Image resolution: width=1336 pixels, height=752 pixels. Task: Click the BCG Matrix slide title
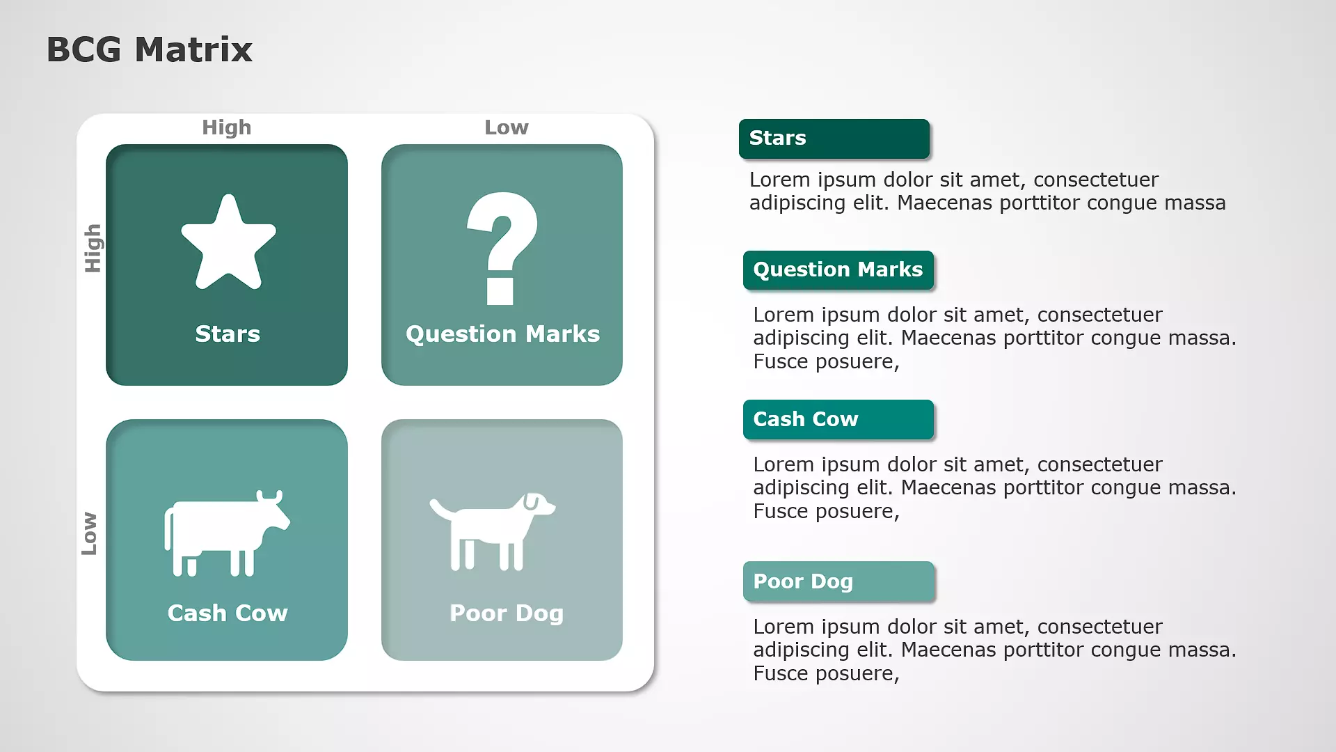click(149, 49)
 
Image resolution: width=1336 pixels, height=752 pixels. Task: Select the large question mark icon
click(502, 248)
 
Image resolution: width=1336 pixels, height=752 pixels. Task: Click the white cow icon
click(227, 533)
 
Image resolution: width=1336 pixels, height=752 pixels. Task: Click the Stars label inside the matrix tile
click(228, 334)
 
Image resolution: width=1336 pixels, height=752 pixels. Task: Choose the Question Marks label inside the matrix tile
click(502, 334)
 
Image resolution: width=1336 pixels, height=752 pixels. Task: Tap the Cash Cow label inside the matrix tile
click(228, 613)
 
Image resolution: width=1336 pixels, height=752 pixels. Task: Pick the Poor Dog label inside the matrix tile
click(507, 613)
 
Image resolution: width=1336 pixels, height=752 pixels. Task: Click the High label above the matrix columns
click(227, 127)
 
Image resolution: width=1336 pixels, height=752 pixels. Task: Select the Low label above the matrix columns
click(507, 127)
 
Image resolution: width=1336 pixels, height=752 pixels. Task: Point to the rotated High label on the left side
click(93, 248)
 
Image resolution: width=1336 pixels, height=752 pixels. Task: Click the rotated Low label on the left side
click(89, 533)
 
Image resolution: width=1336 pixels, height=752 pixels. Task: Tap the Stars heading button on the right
click(834, 139)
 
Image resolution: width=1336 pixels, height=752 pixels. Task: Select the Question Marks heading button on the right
click(838, 270)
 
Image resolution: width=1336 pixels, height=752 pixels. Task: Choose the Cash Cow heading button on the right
click(838, 420)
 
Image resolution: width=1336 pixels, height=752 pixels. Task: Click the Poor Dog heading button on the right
click(838, 581)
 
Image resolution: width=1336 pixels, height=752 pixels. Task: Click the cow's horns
click(269, 496)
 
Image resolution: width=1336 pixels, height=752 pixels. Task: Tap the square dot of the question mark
click(500, 292)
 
